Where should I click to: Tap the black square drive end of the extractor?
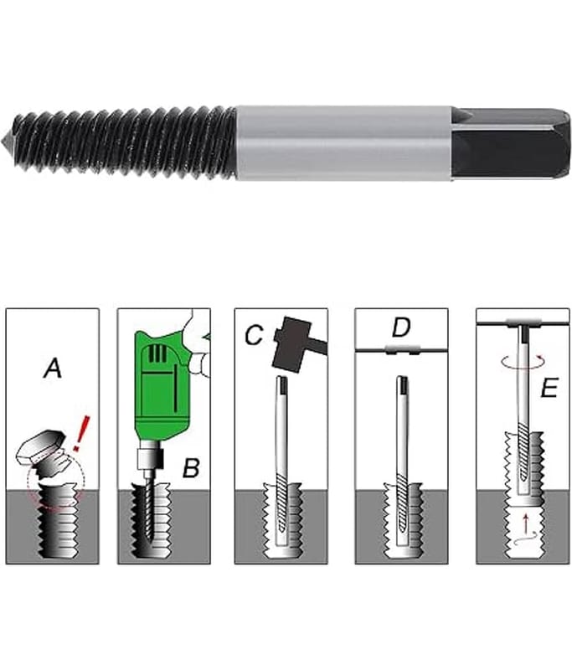(512, 142)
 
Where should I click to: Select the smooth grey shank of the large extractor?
(344, 142)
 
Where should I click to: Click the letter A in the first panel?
(53, 368)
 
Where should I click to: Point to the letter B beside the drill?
(191, 468)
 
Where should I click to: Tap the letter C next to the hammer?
(254, 334)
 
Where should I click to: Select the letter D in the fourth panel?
(401, 327)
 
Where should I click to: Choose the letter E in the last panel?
(549, 388)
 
